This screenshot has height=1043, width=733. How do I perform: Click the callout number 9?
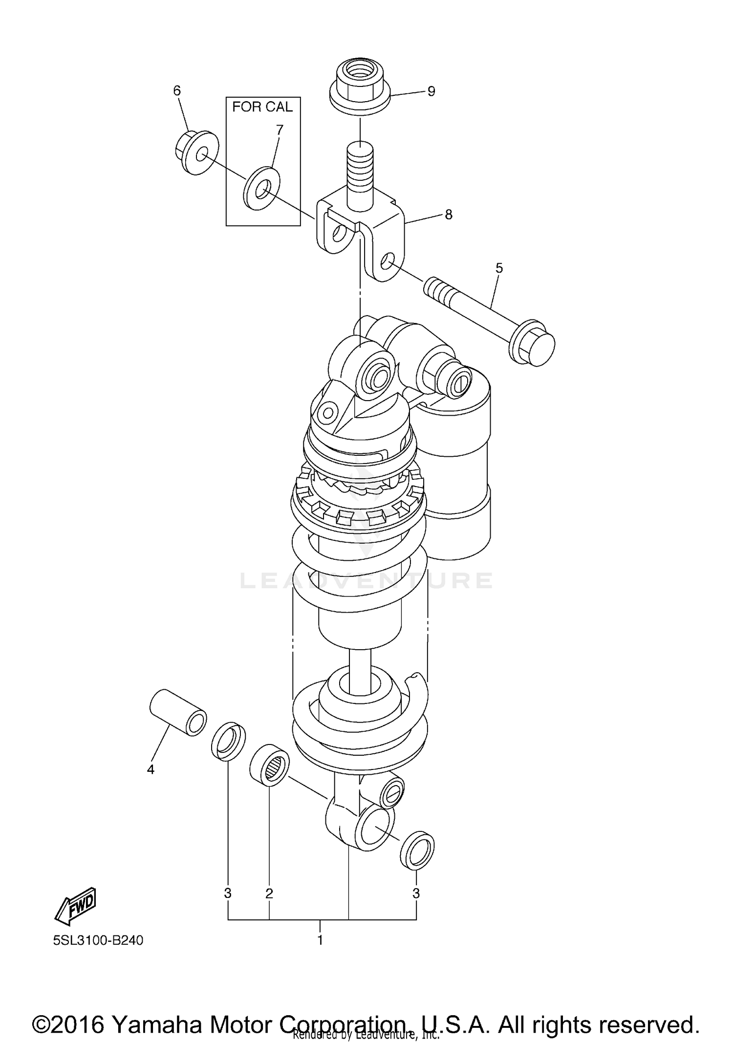point(431,91)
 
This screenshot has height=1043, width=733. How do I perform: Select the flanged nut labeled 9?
point(360,88)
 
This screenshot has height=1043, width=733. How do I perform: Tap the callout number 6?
point(177,90)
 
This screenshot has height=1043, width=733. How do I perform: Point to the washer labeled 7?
point(261,188)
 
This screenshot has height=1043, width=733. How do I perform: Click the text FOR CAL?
point(262,107)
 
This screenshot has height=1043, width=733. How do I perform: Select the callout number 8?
point(448,214)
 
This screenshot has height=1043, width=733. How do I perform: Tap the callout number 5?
point(499,268)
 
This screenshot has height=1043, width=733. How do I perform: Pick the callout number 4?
point(151,769)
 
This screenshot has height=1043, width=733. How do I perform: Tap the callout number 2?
point(269,894)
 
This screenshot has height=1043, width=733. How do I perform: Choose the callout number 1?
point(320,940)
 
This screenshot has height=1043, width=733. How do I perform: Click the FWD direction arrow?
point(76,906)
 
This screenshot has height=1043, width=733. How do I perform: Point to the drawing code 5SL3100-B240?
point(98,940)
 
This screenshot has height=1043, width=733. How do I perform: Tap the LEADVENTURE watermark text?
point(366,580)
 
